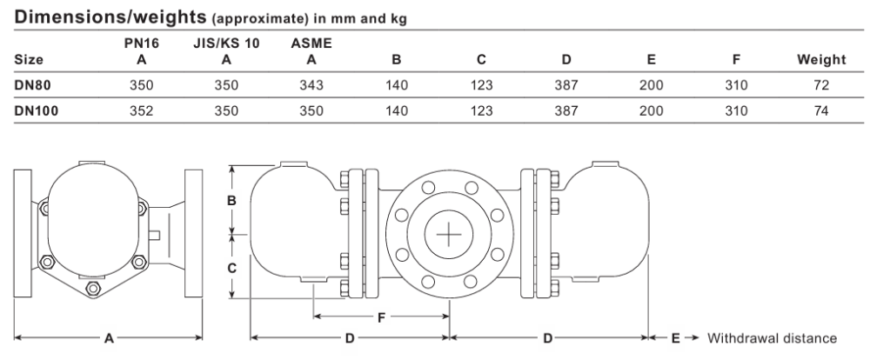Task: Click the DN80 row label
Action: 33,85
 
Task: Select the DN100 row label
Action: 37,110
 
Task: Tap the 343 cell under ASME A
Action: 311,85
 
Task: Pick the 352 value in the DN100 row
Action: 142,110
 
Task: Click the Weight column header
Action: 822,59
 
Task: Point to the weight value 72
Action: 822,85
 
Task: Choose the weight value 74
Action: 822,110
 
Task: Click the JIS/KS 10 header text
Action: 226,43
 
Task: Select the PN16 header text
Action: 142,43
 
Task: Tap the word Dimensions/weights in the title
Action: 110,17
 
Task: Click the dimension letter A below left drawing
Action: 109,337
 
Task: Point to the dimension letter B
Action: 232,200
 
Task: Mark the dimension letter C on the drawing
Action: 232,268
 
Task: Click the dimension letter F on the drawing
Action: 381,317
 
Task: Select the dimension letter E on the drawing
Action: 675,337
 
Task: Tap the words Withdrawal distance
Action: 772,337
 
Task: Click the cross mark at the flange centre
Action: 449,235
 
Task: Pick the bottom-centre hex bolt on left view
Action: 93,289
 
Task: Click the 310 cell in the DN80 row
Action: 736,85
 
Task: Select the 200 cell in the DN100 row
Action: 652,110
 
